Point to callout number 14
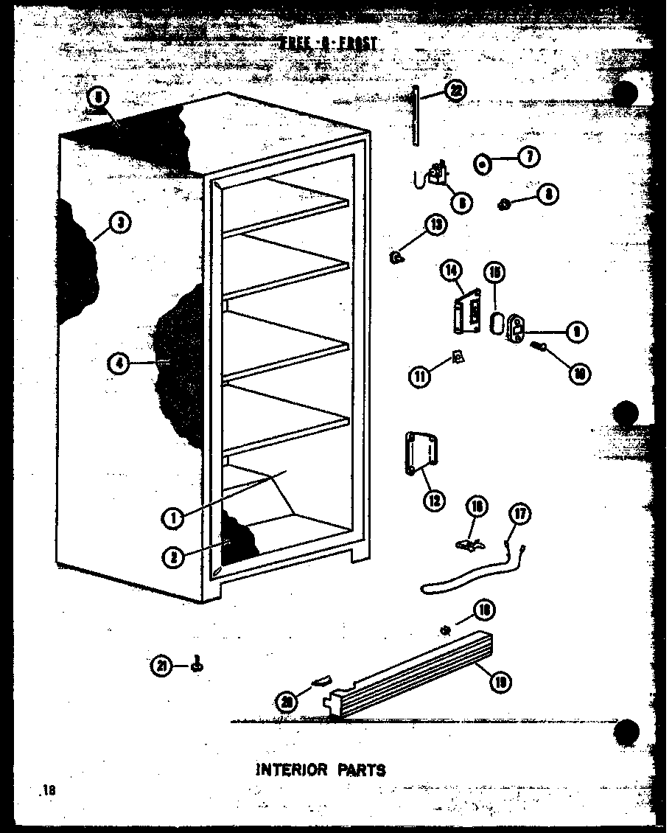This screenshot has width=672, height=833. [451, 271]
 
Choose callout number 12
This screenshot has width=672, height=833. [433, 500]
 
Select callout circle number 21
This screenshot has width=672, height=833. [162, 666]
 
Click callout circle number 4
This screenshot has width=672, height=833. [117, 362]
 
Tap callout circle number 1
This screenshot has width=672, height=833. [174, 518]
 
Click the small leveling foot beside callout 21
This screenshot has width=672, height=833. [197, 666]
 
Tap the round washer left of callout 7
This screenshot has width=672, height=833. [482, 164]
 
